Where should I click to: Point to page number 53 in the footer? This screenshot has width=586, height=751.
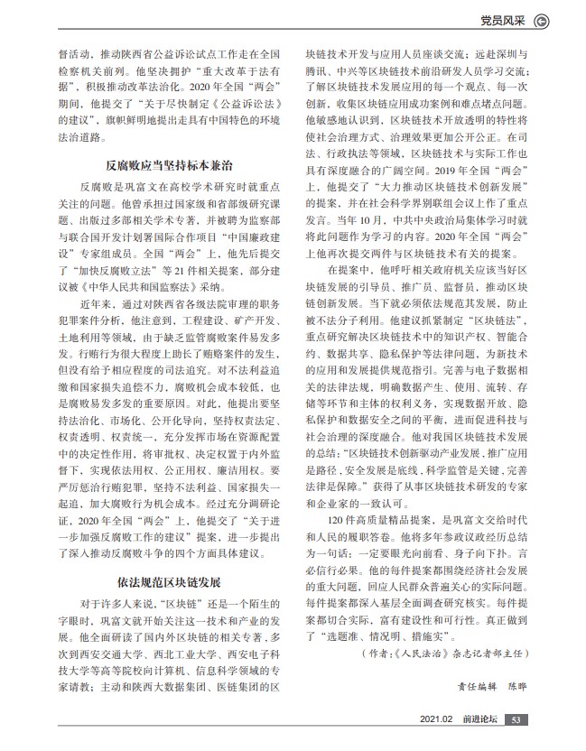pos(514,719)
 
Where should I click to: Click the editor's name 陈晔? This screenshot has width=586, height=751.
pos(516,685)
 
